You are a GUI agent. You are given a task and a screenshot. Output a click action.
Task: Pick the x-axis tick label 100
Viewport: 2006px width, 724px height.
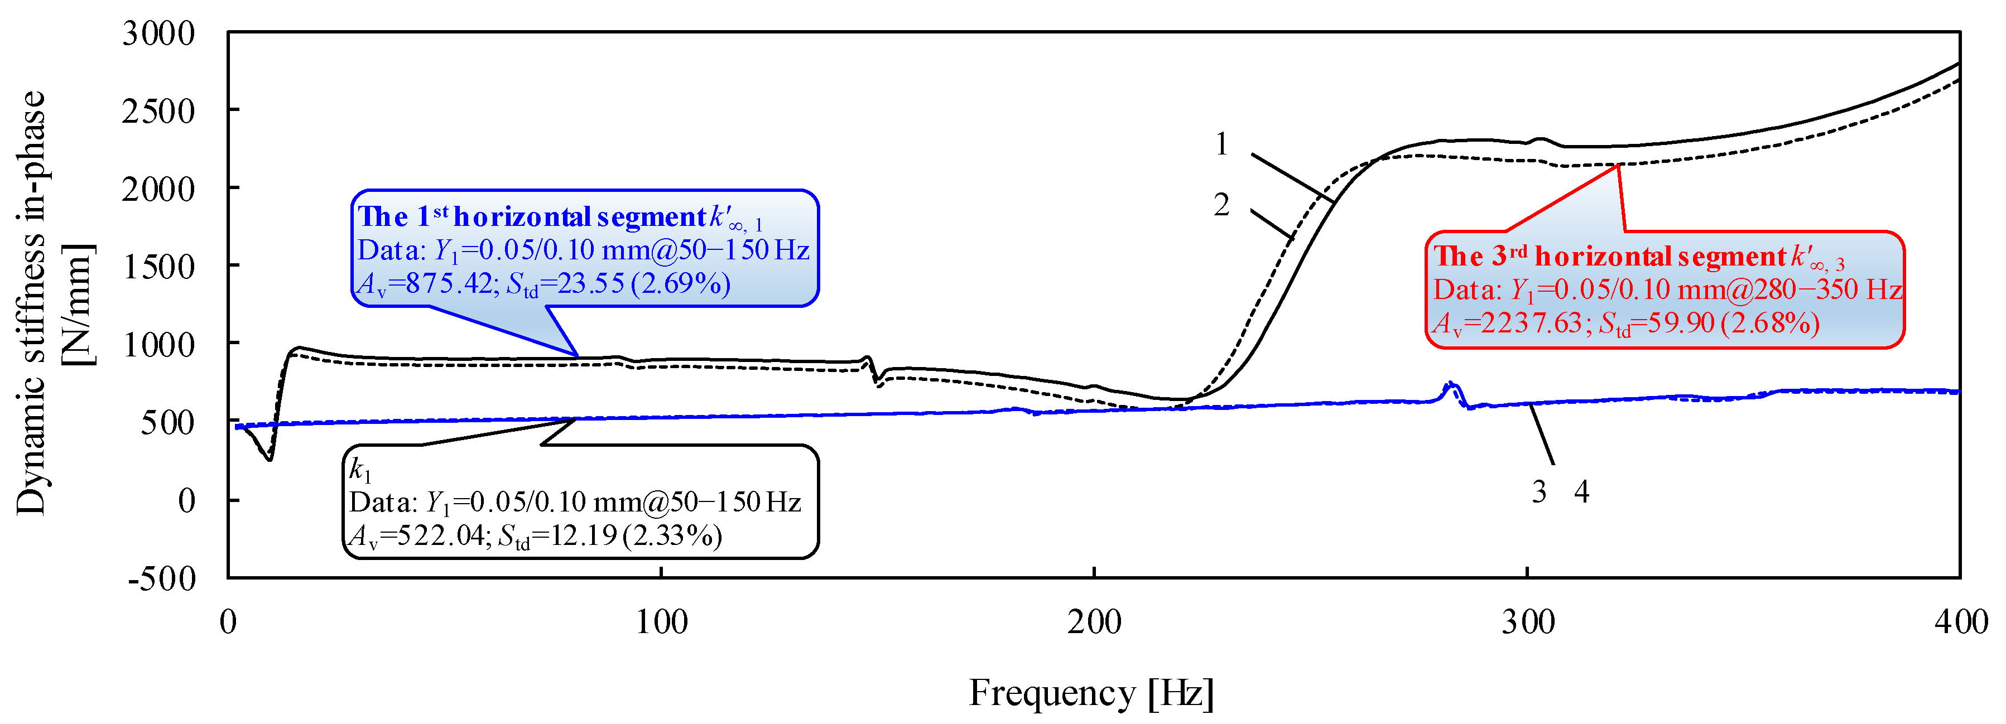(661, 622)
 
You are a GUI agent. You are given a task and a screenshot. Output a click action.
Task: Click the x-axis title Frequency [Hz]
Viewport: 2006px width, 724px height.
(1090, 692)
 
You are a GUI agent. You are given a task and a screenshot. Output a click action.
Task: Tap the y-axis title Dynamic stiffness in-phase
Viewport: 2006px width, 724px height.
(31, 303)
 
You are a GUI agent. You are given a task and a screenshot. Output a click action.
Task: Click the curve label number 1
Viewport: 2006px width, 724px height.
(1221, 144)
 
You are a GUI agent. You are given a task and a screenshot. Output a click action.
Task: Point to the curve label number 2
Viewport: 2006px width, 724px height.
(1221, 205)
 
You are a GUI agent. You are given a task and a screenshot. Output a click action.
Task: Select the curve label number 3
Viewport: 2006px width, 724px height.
(1539, 492)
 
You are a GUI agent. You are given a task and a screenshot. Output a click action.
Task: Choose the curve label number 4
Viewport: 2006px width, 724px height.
(1581, 492)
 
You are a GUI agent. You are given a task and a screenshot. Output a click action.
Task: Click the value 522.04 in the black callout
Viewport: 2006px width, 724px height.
(440, 535)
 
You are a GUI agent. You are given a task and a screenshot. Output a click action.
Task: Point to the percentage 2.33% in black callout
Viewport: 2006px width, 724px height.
(673, 535)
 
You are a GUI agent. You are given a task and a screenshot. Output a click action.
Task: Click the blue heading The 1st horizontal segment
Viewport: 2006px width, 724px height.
(532, 216)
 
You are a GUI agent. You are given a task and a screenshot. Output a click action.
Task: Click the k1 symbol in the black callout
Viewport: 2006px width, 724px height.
(360, 470)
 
